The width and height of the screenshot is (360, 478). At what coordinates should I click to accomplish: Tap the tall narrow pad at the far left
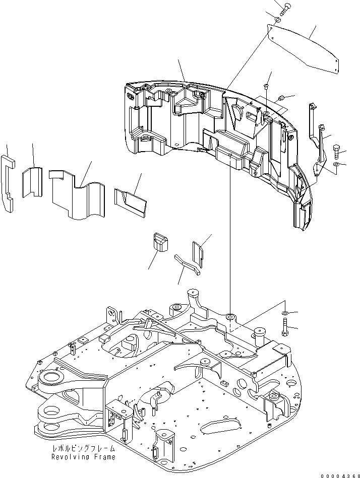click(9, 181)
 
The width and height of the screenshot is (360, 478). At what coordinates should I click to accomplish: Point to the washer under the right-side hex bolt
click(336, 164)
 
